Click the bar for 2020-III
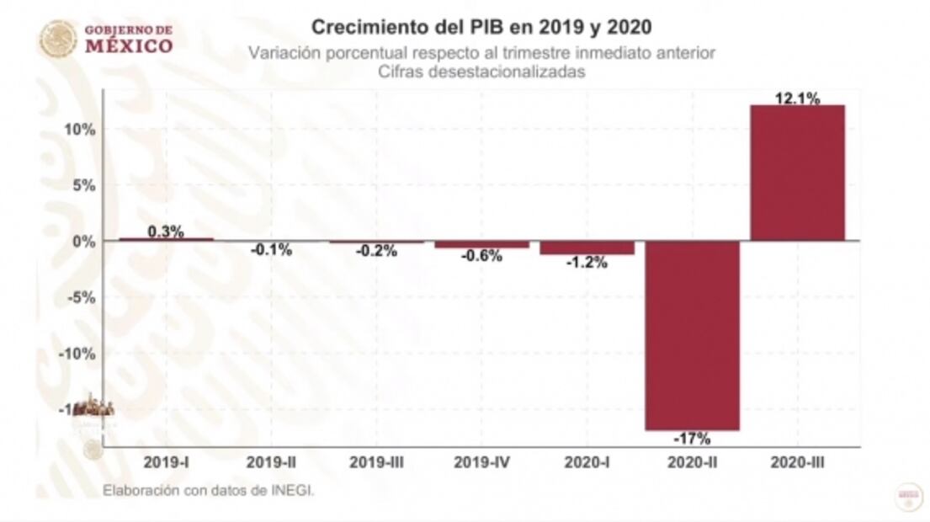797,173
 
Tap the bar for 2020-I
587,248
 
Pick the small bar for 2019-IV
481,244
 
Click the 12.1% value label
797,99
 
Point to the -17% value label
692,439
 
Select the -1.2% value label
587,263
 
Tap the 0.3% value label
166,232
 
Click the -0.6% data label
481,257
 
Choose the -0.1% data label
271,250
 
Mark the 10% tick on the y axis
82,130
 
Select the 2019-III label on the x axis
376,462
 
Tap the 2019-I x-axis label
166,462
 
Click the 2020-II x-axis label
692,462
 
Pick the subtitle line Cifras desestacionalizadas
481,72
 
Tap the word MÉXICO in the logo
129,45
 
